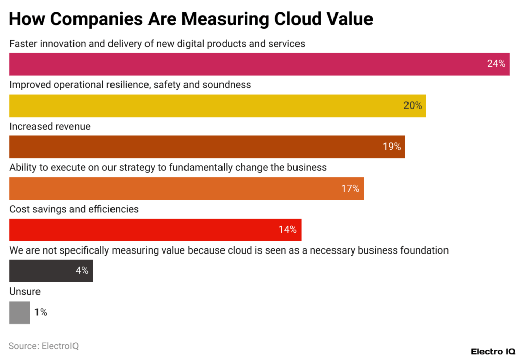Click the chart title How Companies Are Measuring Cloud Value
(x=191, y=19)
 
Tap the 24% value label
(x=496, y=64)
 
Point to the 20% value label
(x=413, y=105)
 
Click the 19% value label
(x=392, y=147)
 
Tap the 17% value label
(x=350, y=189)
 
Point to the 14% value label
(x=287, y=230)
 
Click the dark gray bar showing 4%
(x=41, y=271)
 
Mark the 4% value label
(x=82, y=271)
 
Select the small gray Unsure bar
(x=19, y=312)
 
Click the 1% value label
(x=41, y=312)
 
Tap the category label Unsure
(x=25, y=292)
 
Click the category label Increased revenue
(x=50, y=126)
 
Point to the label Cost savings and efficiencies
(x=74, y=209)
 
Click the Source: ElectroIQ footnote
(x=44, y=346)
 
